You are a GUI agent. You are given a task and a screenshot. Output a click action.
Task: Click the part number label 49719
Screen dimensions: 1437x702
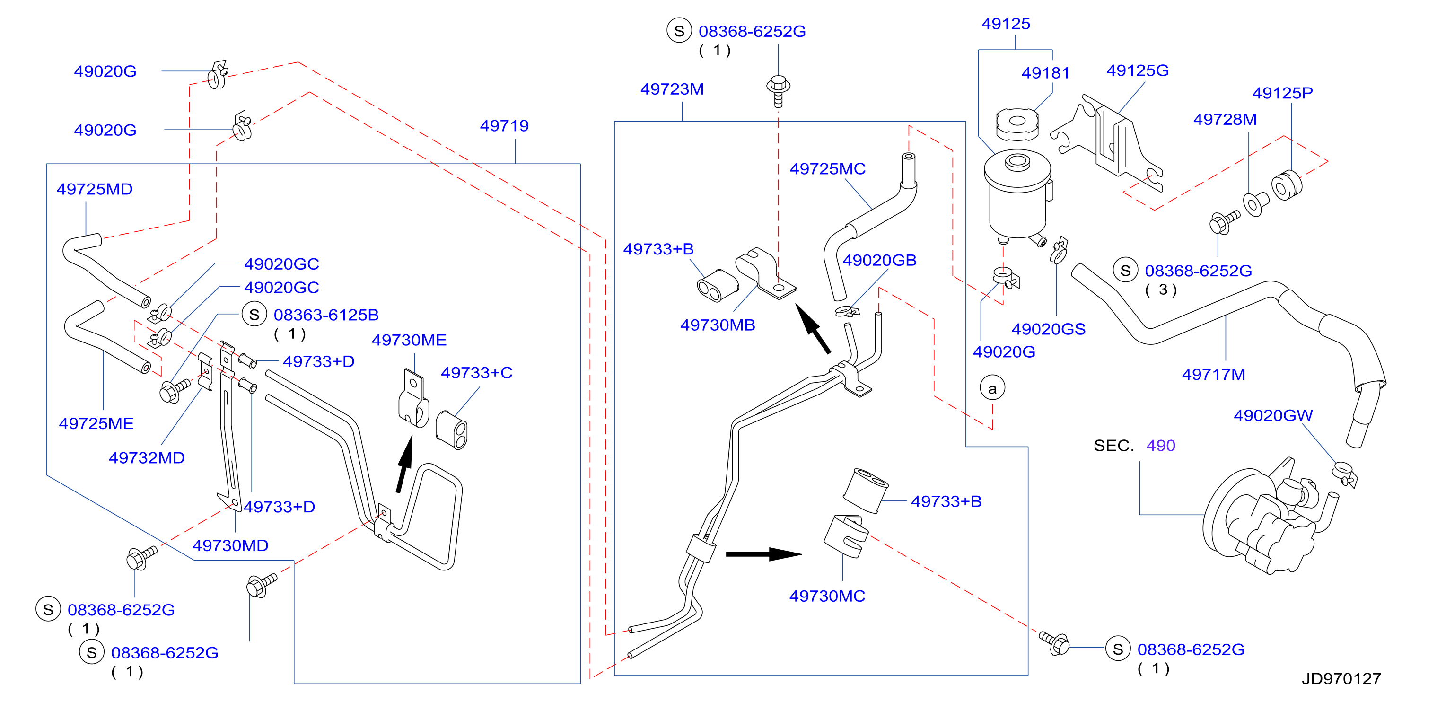(504, 125)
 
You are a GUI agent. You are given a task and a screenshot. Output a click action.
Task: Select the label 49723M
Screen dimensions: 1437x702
(672, 89)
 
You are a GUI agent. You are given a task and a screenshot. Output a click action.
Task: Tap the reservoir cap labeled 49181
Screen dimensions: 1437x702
(1017, 124)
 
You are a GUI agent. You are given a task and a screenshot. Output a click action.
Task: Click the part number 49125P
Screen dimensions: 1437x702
(1282, 93)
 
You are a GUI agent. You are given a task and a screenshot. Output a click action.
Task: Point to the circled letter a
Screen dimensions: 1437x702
(992, 388)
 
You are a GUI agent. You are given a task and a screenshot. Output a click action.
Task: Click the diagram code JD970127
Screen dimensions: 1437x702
(1341, 678)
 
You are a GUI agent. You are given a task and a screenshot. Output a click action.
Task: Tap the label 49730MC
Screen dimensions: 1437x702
(827, 596)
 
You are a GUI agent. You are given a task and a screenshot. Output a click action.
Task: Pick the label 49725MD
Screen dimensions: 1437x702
(94, 189)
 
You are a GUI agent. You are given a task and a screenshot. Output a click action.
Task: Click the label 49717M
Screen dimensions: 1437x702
(1213, 375)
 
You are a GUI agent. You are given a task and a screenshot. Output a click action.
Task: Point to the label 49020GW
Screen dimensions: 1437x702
(1273, 415)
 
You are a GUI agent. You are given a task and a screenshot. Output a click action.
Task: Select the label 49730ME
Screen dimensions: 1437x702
(409, 340)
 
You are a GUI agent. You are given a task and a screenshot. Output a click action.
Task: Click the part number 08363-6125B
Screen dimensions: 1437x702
(326, 315)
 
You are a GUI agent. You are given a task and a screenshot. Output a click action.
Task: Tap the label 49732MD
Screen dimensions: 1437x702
(146, 457)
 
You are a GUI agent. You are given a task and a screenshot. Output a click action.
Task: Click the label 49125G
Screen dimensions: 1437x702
(1138, 70)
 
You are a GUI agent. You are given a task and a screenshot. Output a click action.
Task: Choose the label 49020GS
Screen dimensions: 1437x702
(1049, 329)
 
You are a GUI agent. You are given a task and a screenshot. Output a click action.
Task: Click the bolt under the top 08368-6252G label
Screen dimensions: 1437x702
(778, 91)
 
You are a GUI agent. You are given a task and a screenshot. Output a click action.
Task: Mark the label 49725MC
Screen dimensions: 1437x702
(827, 168)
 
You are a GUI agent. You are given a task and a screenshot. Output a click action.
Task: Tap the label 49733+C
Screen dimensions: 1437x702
(476, 373)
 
